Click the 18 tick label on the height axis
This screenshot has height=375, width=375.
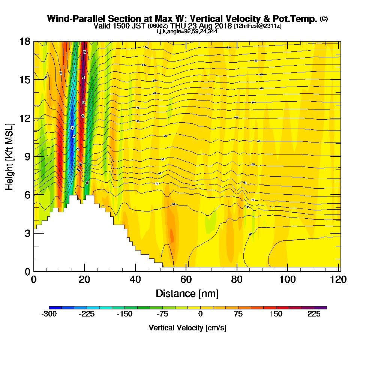tap(25, 42)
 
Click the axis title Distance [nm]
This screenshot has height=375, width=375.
tap(187, 293)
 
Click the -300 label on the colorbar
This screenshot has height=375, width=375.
tap(49, 314)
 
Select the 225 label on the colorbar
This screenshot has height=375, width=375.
tap(314, 314)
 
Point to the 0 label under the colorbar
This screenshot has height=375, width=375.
tap(201, 314)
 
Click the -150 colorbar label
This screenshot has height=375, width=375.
tap(124, 314)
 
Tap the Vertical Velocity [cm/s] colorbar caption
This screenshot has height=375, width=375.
tap(187, 328)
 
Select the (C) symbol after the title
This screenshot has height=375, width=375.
tap(324, 19)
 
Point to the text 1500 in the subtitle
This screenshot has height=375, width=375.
tap(117, 26)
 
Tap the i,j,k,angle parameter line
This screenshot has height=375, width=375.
tap(187, 31)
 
